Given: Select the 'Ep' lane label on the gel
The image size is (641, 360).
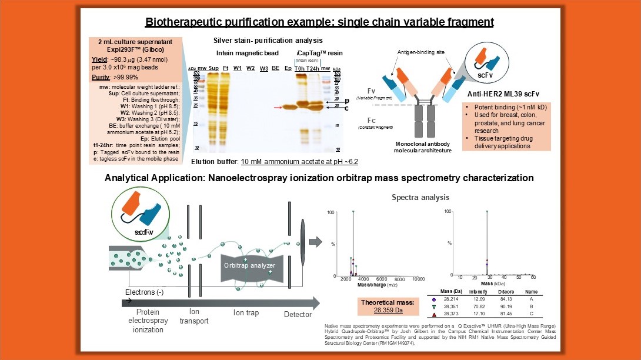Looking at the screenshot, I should point(288,68).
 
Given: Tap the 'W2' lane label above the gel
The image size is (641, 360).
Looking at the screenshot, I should point(251,68).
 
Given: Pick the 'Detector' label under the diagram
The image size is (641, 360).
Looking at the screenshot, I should point(298,314).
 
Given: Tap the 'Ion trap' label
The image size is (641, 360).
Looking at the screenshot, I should point(246,313).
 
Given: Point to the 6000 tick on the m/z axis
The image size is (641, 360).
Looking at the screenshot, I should point(381,279).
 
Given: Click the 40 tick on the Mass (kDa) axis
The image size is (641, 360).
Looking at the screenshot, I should point(504,276).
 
